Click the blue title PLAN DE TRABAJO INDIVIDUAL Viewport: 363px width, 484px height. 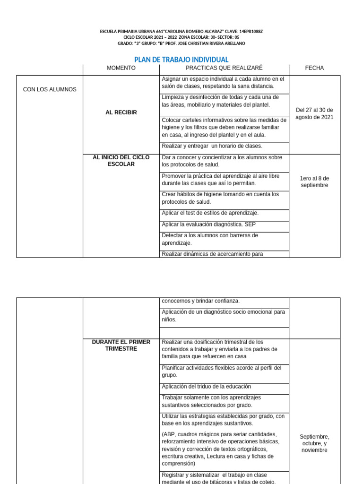(x=181, y=60)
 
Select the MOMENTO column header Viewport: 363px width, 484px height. (x=121, y=68)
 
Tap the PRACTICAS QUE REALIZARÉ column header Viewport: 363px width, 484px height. (x=224, y=68)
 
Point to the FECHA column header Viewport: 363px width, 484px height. (x=314, y=68)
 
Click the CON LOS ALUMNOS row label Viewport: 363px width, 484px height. (x=50, y=89)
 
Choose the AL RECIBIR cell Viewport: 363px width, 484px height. (x=121, y=112)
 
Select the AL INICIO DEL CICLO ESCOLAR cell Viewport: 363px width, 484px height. (x=121, y=161)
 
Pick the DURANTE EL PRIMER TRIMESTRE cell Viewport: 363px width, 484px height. (x=121, y=346)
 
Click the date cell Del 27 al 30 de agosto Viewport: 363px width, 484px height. (x=314, y=113)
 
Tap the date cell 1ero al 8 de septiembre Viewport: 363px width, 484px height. (x=314, y=181)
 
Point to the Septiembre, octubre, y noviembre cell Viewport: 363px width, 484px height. (x=314, y=443)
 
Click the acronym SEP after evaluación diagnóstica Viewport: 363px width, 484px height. (x=251, y=225)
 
